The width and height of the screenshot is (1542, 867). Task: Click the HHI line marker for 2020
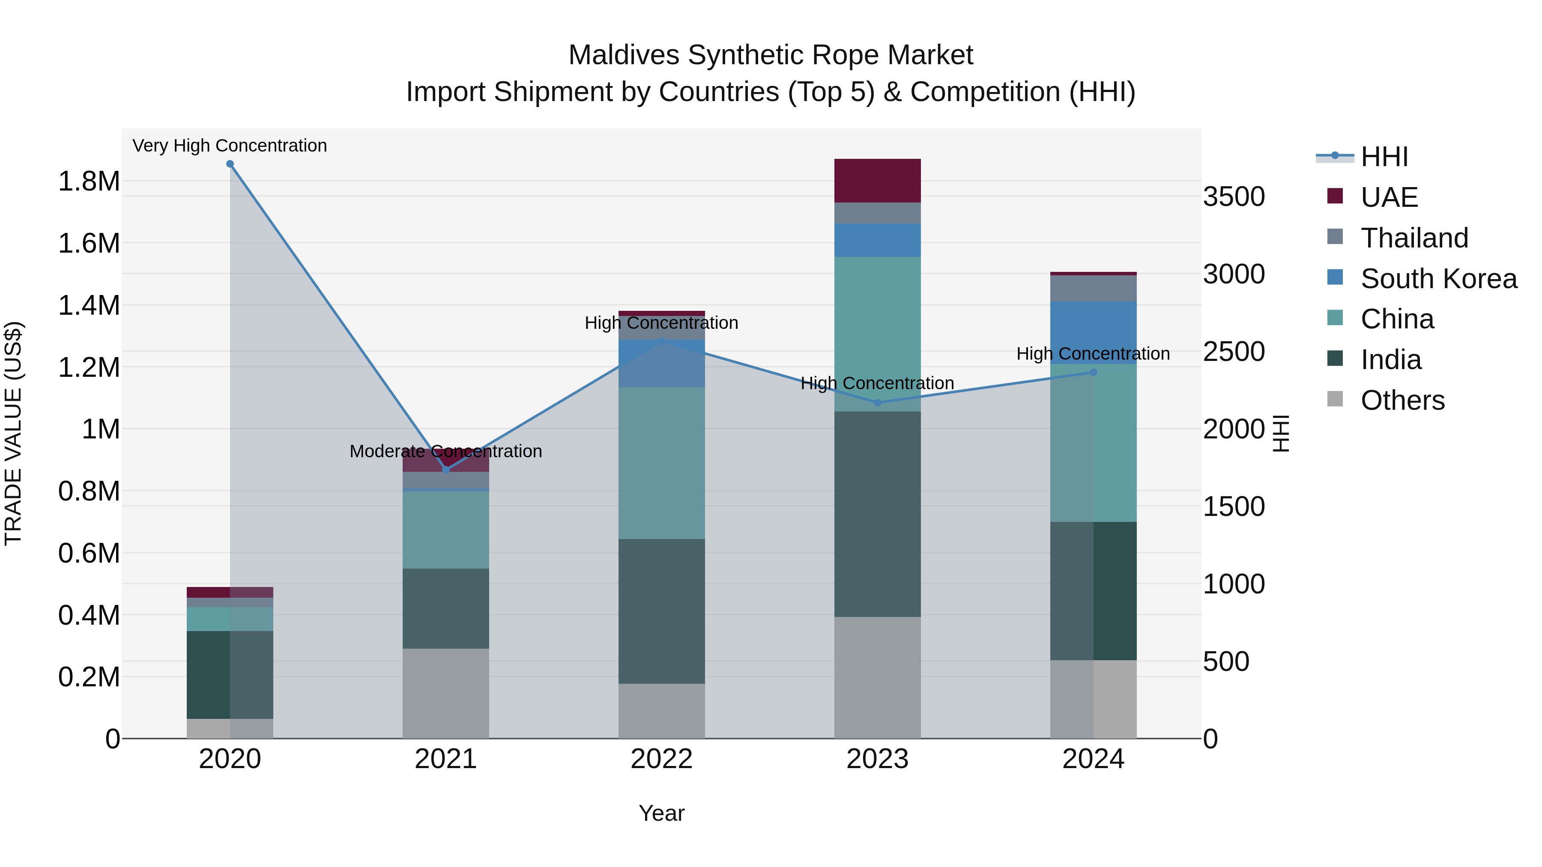pos(230,164)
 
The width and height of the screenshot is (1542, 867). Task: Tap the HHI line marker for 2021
pos(445,470)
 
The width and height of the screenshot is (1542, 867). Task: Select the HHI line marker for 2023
pos(878,403)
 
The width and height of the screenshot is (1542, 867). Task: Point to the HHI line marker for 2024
pos(1093,372)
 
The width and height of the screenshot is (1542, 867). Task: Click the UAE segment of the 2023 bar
pos(878,181)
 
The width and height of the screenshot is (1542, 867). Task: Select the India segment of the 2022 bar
pos(661,611)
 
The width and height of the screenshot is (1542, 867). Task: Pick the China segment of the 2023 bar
pos(878,334)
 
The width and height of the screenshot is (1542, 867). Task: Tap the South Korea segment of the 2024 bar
pos(1093,333)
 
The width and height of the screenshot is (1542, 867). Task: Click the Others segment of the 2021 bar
pos(445,693)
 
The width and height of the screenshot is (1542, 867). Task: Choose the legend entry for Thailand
pos(1414,238)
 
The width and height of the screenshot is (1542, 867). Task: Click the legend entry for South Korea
pos(1438,279)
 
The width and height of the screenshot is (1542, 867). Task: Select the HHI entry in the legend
pos(1384,157)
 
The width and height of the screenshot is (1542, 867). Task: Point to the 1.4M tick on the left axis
pos(89,306)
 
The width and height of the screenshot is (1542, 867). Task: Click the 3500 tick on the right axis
pos(1234,197)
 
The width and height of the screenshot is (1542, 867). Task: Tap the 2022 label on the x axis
pos(661,759)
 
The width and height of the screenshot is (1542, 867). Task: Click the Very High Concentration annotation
pos(230,146)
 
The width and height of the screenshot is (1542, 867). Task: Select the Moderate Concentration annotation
pos(445,451)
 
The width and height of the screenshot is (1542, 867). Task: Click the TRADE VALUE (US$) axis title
pos(14,433)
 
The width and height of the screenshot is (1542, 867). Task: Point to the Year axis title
pos(661,813)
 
